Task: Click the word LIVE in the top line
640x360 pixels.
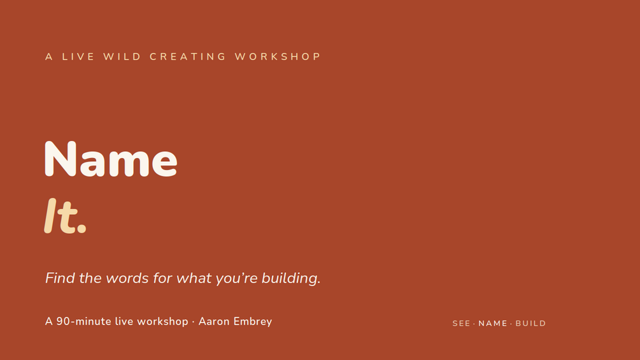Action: pyautogui.click(x=78, y=57)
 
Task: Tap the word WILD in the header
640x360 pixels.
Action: pyautogui.click(x=122, y=57)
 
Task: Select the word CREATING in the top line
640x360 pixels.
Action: pyautogui.click(x=188, y=57)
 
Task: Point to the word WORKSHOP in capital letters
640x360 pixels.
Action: pyautogui.click(x=278, y=57)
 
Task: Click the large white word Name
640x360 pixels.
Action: pyautogui.click(x=111, y=159)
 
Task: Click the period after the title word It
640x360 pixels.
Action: pyautogui.click(x=82, y=229)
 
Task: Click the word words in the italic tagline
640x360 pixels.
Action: pyautogui.click(x=127, y=278)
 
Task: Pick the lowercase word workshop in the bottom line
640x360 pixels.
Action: pyautogui.click(x=162, y=322)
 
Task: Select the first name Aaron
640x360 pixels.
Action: pyautogui.click(x=215, y=322)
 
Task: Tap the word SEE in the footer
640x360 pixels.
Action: pyautogui.click(x=461, y=324)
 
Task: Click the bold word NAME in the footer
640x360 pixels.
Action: pyautogui.click(x=493, y=324)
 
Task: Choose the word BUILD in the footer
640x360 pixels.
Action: pyautogui.click(x=530, y=324)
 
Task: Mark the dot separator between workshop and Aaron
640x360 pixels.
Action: pyautogui.click(x=193, y=322)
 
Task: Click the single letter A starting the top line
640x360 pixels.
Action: pyautogui.click(x=49, y=57)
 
